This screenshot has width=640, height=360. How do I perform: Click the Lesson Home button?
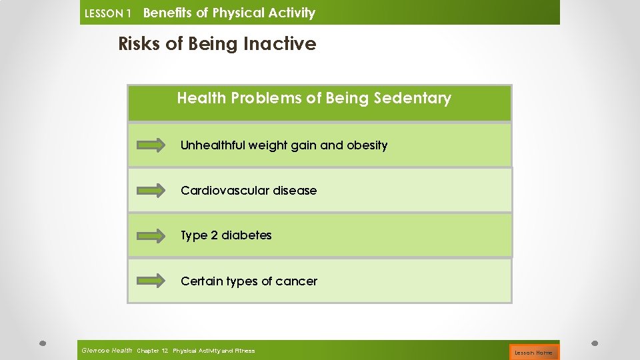pos(533,352)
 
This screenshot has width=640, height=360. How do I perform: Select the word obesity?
pos(367,145)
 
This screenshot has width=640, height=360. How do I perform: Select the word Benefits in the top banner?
pos(168,13)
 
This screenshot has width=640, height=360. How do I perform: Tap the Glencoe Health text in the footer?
pos(107,351)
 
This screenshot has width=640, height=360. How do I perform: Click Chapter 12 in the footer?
pos(153,351)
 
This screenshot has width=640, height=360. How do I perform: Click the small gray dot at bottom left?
pos(42,343)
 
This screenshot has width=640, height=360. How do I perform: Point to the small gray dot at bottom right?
pos(595,343)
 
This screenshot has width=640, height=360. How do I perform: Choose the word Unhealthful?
pos(213,145)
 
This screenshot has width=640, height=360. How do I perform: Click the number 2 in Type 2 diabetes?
pos(213,235)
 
